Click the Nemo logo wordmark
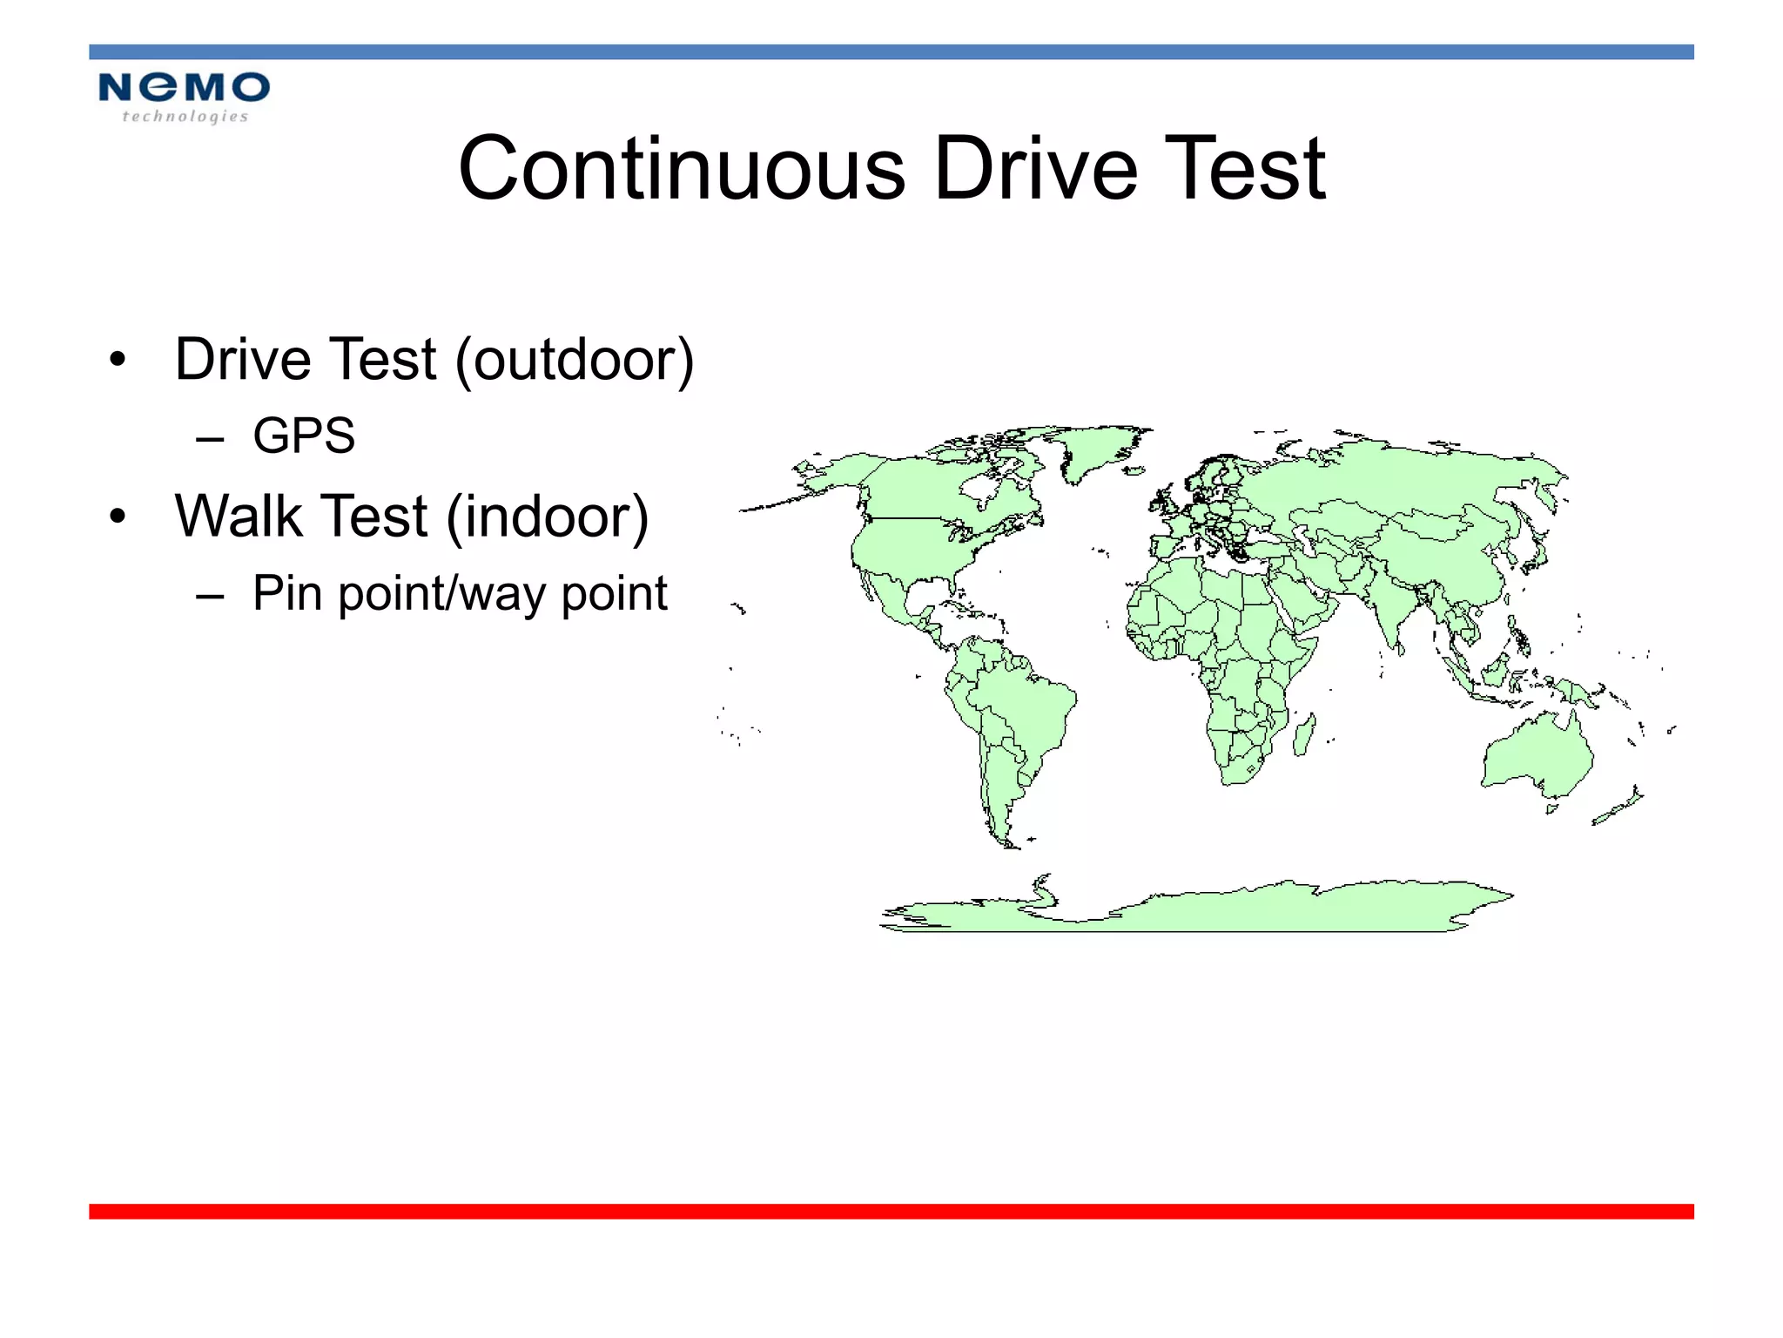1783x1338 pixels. coord(184,88)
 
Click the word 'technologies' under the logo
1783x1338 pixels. coord(185,117)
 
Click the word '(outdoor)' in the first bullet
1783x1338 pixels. coord(575,360)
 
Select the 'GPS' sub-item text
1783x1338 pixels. coord(304,436)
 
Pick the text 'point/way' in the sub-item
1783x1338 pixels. coord(444,595)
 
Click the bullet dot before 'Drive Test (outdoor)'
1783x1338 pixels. coord(118,360)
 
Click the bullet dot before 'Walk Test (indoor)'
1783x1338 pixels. coord(118,517)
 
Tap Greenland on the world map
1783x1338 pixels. coord(1097,449)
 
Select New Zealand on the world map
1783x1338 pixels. coord(1619,807)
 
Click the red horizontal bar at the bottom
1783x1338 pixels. coord(891,1211)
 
